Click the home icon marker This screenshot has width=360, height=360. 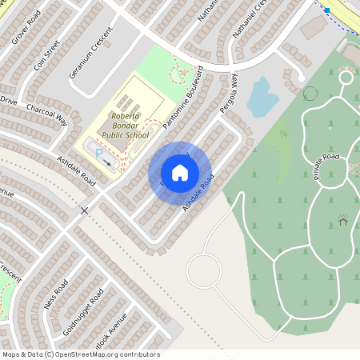180,173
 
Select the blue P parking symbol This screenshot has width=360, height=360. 99,152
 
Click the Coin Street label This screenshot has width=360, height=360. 47,56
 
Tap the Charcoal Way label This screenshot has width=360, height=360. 46,114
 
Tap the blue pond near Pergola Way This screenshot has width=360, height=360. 262,97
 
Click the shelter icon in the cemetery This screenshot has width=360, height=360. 343,219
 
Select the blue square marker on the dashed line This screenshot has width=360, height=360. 326,10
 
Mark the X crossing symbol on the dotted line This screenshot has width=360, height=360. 84,210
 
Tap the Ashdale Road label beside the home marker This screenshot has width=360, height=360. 200,193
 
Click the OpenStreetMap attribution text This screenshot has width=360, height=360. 81,354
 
